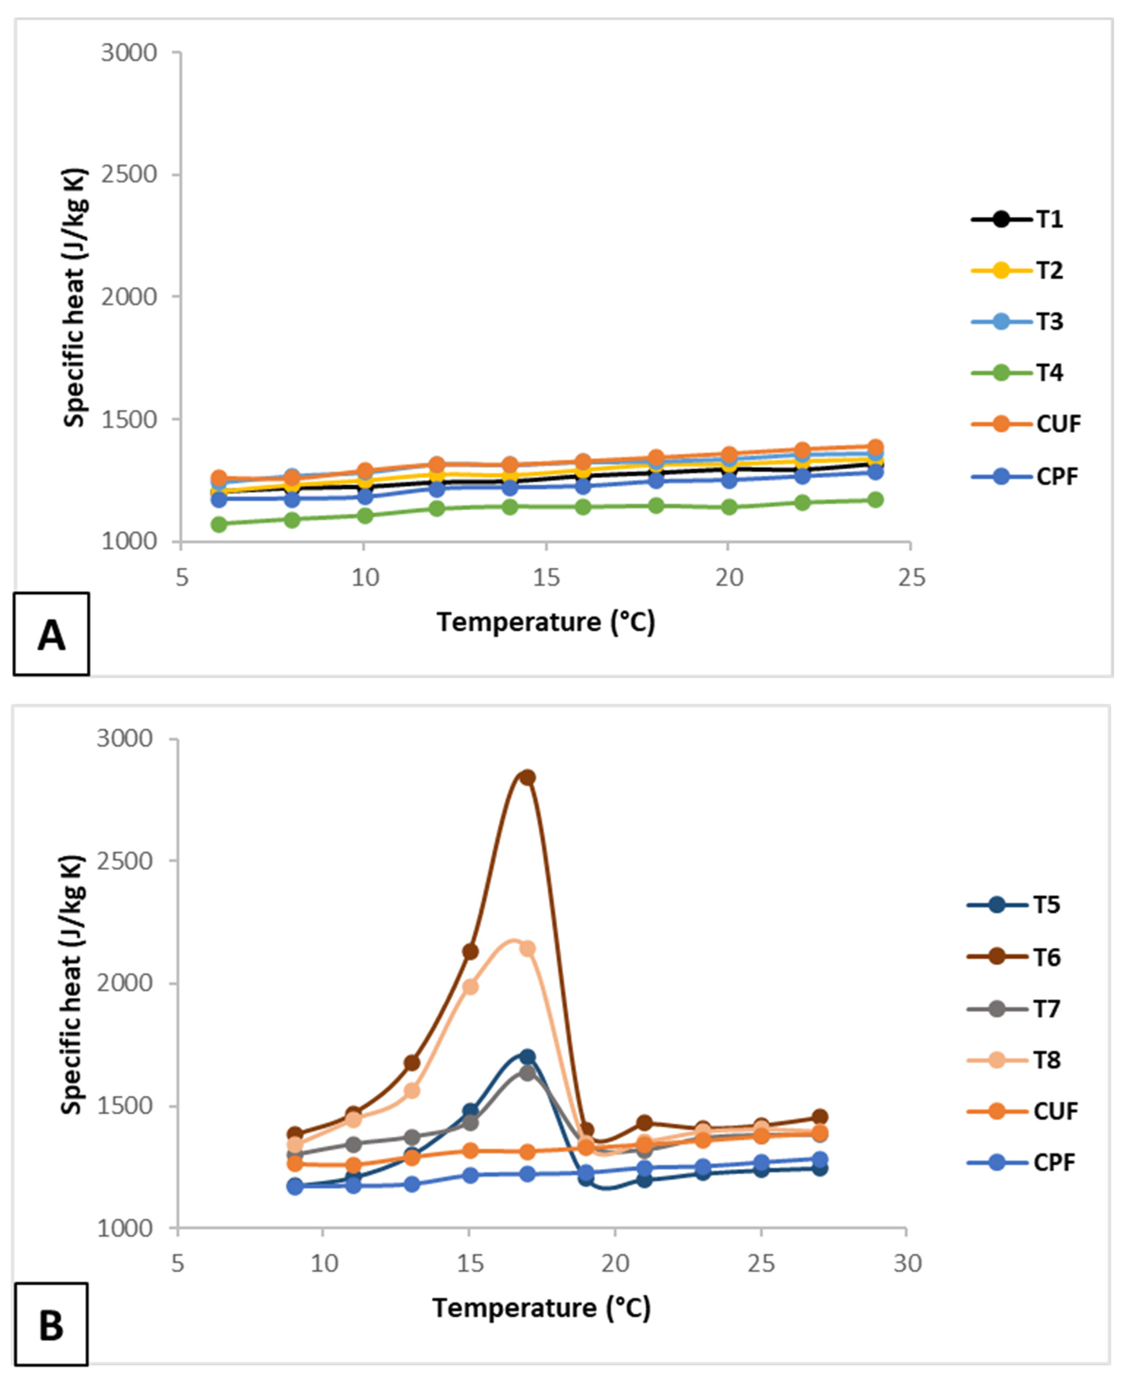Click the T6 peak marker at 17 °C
point(528,777)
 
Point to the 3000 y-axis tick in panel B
point(125,739)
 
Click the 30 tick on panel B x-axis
point(907,1263)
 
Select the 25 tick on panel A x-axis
point(911,577)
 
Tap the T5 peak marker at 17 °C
point(528,1057)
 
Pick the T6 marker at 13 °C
point(412,1063)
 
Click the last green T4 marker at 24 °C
point(875,499)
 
